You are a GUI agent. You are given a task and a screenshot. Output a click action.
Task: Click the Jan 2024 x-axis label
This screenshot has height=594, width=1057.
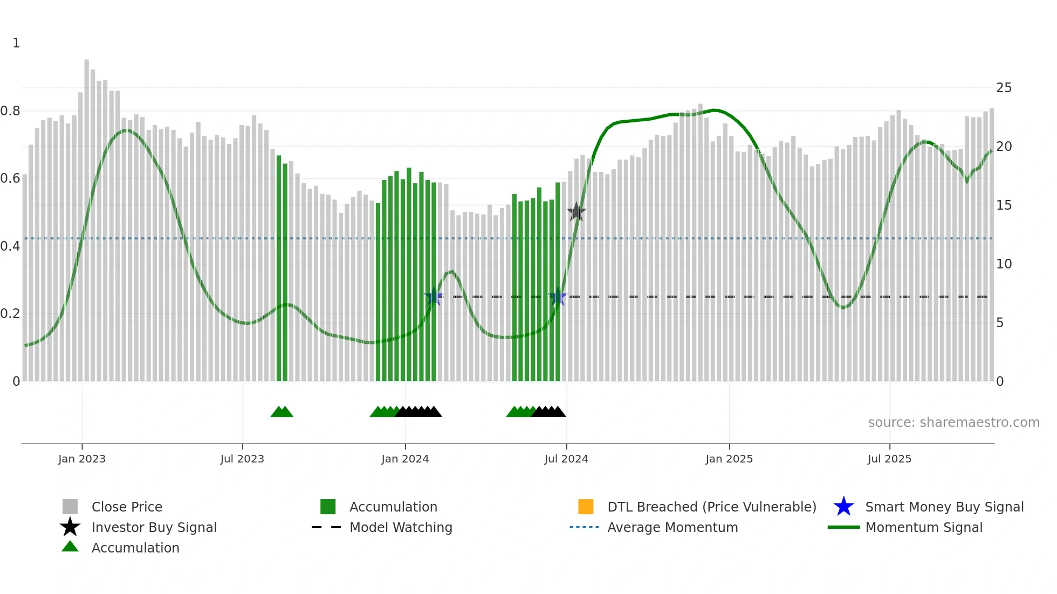point(405,459)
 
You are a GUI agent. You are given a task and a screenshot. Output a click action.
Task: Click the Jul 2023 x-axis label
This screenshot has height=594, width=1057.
point(242,459)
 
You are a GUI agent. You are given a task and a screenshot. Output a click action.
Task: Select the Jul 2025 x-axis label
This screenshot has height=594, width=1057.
point(889,459)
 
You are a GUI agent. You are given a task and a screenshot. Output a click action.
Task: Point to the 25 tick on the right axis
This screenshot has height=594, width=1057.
point(1004,88)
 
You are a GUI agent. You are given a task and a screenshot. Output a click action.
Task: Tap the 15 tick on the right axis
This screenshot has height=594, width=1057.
point(1004,205)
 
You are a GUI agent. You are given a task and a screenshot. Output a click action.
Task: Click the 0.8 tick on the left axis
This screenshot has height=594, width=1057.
point(10,111)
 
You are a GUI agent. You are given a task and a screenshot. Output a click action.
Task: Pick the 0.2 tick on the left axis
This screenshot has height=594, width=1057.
point(10,314)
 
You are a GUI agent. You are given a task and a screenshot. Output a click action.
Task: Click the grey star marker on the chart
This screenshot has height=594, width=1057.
point(576,212)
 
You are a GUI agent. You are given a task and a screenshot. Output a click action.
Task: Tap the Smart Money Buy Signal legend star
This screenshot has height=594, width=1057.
point(843,507)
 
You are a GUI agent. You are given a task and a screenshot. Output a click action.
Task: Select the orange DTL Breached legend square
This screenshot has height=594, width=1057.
point(586,507)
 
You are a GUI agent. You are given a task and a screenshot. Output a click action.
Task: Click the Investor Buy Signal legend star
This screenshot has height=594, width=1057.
point(70,527)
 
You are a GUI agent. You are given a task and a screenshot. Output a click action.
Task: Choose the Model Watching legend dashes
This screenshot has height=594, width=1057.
point(326,527)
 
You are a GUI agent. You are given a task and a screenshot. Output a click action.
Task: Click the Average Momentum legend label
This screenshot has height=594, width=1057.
point(672,527)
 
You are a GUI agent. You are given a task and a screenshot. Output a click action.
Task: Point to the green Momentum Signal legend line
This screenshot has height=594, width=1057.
point(843,527)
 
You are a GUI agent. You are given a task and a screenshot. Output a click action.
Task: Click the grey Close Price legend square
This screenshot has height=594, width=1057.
point(70,507)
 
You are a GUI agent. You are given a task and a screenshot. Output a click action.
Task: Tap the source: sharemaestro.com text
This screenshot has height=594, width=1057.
point(953,423)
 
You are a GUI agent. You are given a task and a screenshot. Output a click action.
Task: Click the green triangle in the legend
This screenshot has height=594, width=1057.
point(70,547)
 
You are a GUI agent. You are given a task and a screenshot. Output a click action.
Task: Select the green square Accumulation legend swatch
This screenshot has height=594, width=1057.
point(328,507)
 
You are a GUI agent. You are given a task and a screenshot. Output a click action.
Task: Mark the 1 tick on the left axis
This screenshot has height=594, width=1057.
point(16,43)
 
